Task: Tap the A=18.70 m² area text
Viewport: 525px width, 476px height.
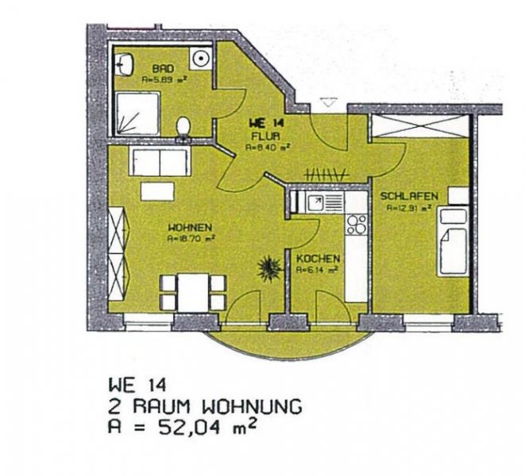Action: [x=191, y=237]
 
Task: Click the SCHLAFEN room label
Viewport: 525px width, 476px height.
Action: [x=405, y=196]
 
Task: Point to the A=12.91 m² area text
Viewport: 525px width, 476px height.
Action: [x=408, y=209]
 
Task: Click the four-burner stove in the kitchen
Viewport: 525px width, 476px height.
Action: [x=356, y=224]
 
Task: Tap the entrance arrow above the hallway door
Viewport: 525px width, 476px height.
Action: [x=328, y=102]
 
